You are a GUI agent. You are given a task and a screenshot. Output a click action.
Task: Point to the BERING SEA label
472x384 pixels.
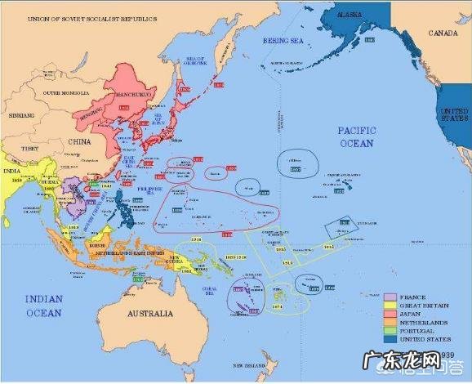[282, 40]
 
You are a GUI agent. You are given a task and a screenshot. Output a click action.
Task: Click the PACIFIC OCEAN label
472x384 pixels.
[356, 136]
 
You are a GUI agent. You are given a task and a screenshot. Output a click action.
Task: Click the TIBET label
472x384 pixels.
[29, 149]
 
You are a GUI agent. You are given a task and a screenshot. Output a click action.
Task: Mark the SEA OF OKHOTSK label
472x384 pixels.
[194, 61]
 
